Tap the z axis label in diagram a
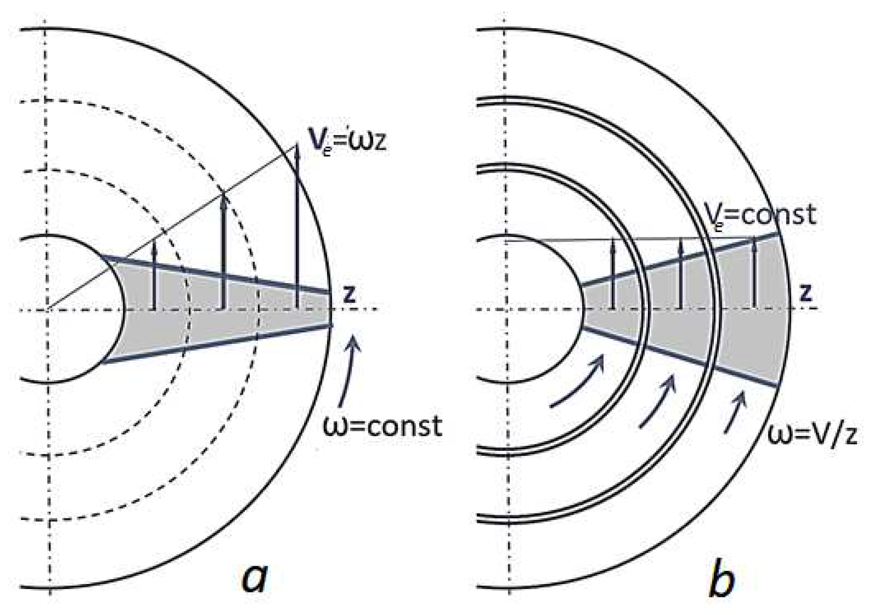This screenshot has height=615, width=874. pos(349,294)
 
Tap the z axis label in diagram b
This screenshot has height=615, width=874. pos(806,293)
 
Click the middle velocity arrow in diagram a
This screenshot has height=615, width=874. pos(224,250)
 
